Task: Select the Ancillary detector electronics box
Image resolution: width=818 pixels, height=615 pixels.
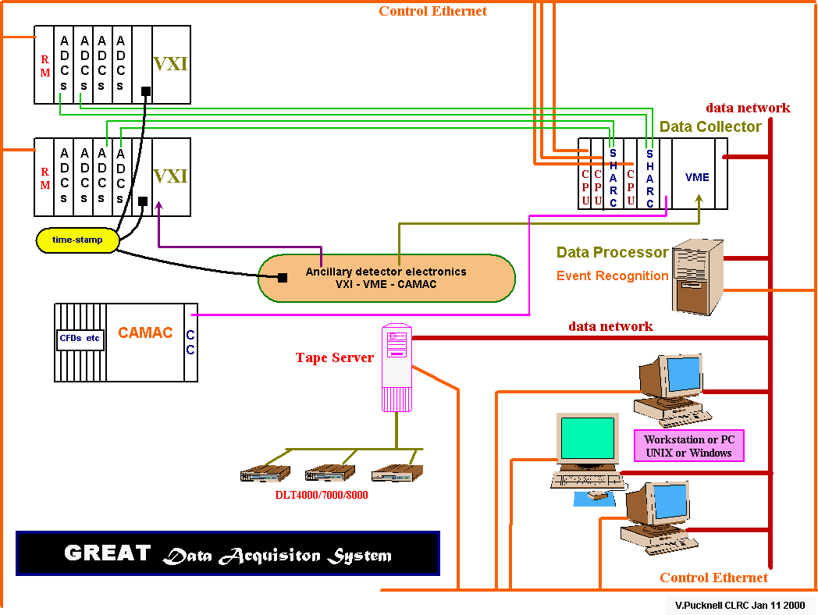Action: click(x=386, y=278)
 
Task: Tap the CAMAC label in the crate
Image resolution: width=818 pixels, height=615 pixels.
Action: click(x=145, y=333)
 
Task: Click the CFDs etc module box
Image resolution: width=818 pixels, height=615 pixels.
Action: click(x=80, y=339)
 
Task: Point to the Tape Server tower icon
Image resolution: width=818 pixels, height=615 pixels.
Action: click(x=396, y=367)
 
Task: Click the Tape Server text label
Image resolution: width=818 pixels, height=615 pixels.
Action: click(x=334, y=357)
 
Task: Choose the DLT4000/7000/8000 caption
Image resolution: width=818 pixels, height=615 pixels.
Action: click(x=321, y=495)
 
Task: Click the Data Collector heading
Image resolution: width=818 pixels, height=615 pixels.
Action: click(x=710, y=126)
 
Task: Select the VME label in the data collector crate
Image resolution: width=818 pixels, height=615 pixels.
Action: click(x=697, y=177)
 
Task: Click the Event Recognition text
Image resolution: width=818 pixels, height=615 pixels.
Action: click(x=612, y=276)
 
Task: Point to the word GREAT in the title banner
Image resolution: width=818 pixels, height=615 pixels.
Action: click(x=107, y=553)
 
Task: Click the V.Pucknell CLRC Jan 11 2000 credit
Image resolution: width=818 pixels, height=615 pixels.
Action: click(x=740, y=605)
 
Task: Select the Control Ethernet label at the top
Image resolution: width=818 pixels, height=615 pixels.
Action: click(x=432, y=11)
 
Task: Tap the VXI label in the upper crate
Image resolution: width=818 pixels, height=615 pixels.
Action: click(x=170, y=64)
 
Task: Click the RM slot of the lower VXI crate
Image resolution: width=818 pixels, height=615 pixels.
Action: click(x=45, y=178)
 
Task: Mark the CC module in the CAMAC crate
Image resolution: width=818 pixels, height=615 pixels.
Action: click(x=190, y=342)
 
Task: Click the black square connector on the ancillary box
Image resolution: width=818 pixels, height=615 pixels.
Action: click(x=283, y=277)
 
